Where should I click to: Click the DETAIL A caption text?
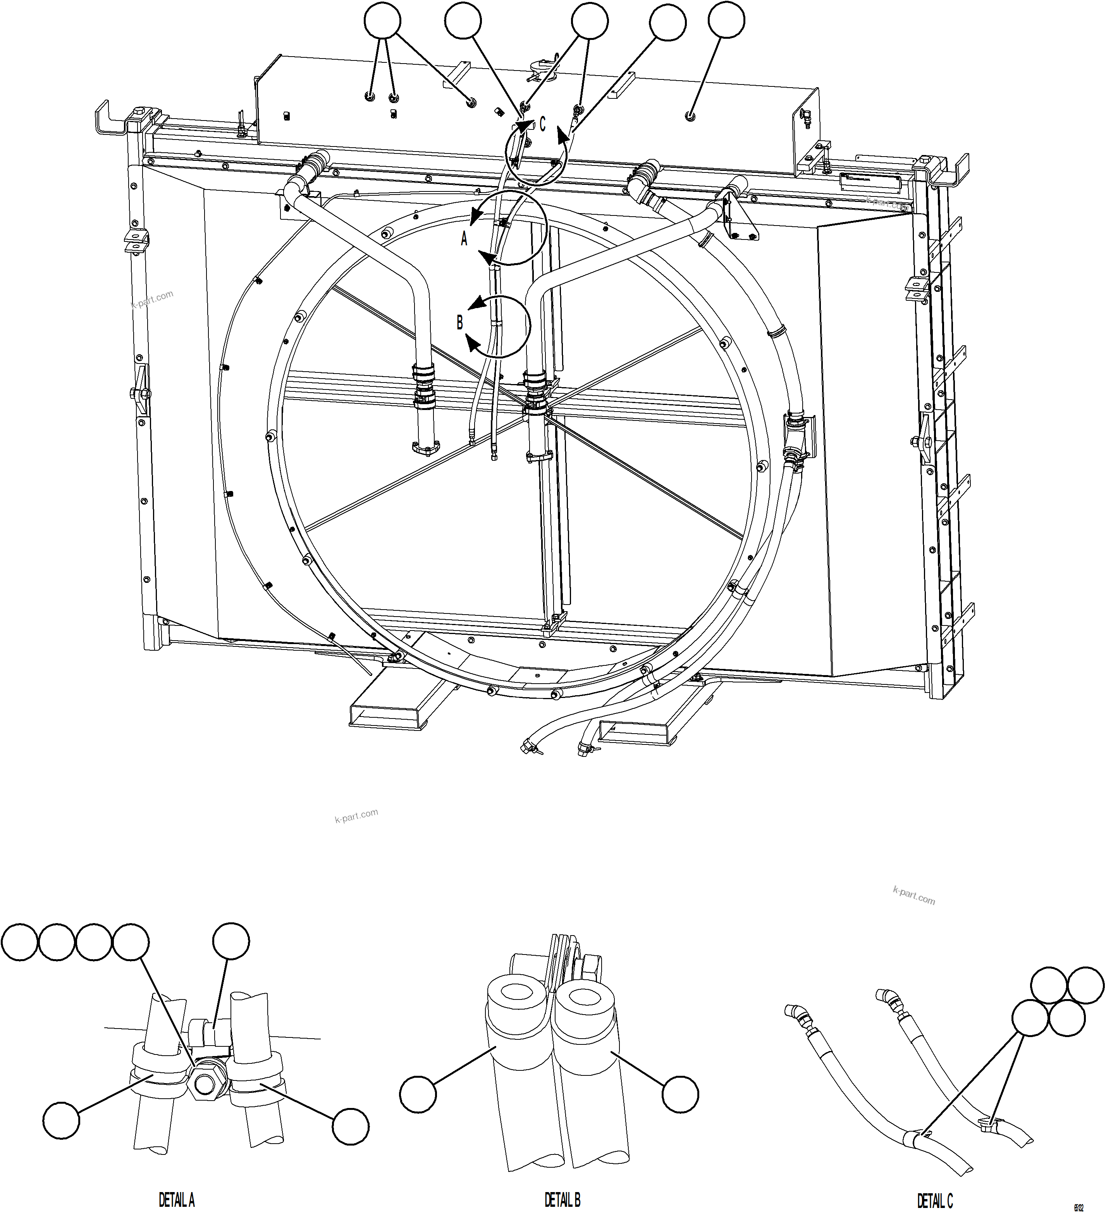click(x=176, y=1200)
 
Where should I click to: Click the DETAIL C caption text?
click(x=935, y=1200)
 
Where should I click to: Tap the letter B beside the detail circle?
click(x=460, y=323)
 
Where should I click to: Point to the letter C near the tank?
click(x=542, y=124)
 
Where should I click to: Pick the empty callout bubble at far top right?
click(x=726, y=21)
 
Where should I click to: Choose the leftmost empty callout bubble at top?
click(x=382, y=21)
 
